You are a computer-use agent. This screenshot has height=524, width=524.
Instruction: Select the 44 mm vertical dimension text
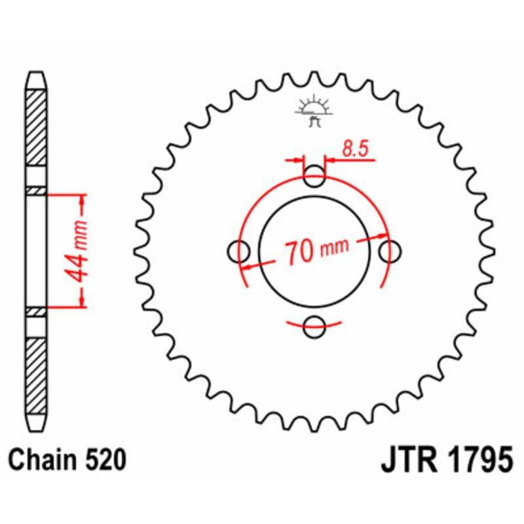pos(79,250)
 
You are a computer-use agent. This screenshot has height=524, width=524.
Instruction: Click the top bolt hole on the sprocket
pos(315,175)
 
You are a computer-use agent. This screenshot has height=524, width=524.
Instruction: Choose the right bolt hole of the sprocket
pos(391,250)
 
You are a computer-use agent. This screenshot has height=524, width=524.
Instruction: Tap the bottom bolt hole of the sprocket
pos(315,326)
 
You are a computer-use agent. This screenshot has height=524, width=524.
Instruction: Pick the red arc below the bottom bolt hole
pos(315,324)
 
